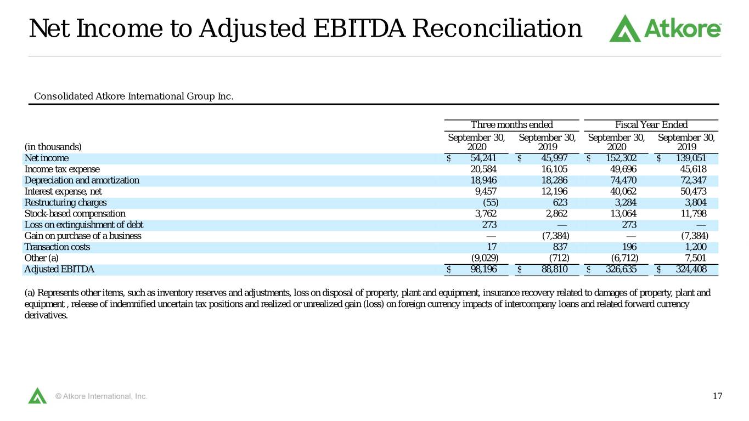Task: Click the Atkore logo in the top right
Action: click(x=664, y=29)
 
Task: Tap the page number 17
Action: click(x=717, y=396)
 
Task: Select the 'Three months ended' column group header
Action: click(x=511, y=124)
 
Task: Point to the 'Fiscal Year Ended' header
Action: click(x=651, y=124)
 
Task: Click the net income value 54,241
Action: click(x=483, y=158)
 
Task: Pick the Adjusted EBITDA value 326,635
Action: click(x=621, y=269)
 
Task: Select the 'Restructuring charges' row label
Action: click(x=65, y=203)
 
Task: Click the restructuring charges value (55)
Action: click(x=491, y=202)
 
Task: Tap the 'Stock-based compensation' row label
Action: click(x=75, y=213)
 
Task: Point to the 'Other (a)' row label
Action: click(x=42, y=258)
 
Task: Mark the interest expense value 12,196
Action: click(x=554, y=191)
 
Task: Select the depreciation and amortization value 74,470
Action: click(x=623, y=180)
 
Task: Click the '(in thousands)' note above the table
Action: click(x=53, y=147)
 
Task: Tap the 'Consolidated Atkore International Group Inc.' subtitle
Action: click(x=134, y=96)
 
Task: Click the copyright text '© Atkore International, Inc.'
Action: click(x=101, y=396)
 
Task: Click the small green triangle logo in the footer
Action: click(x=37, y=396)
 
